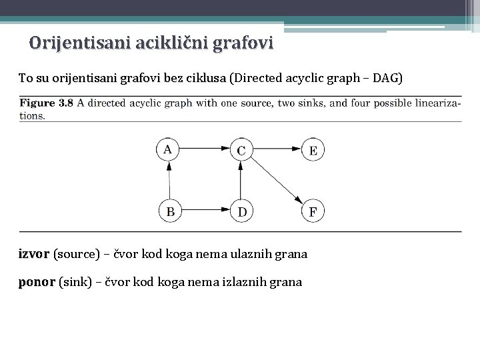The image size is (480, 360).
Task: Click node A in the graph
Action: (x=169, y=149)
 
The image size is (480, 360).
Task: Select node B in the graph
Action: (x=170, y=212)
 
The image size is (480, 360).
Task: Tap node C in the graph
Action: (x=241, y=149)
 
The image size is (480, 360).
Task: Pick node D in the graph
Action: (x=241, y=212)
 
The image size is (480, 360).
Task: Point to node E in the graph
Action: (x=313, y=149)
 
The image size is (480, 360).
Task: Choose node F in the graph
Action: (x=313, y=212)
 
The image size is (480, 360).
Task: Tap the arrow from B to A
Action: (x=169, y=181)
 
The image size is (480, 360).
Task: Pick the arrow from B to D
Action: (x=205, y=212)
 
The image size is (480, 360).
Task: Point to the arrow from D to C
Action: (x=241, y=181)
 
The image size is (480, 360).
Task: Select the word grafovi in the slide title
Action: (x=242, y=44)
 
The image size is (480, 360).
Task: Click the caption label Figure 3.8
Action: (x=46, y=103)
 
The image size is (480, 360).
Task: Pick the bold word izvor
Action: (x=33, y=254)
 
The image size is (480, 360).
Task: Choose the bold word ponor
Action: (x=37, y=282)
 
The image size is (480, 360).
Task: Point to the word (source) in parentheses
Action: (x=76, y=254)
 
